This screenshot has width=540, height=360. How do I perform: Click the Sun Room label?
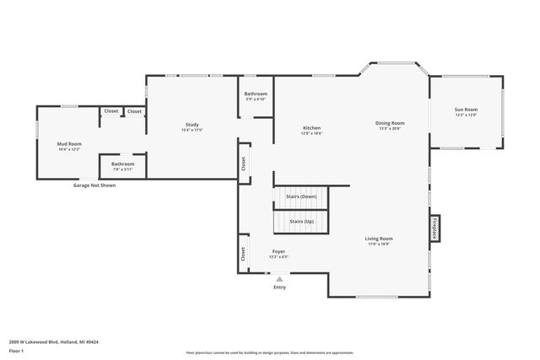tap(466, 109)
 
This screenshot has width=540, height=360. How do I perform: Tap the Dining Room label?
tap(390, 123)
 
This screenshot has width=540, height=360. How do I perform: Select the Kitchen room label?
tap(312, 127)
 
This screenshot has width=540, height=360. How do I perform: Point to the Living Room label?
tap(379, 239)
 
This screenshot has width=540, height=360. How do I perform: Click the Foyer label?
tap(278, 251)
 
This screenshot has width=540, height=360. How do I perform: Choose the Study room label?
tap(192, 125)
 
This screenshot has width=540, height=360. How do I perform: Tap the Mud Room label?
tap(69, 144)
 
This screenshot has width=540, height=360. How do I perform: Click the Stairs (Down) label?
tap(301, 196)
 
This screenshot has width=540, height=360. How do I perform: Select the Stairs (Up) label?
tap(301, 221)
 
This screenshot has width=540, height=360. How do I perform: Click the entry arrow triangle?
tap(279, 278)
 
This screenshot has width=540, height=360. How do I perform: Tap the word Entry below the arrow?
tap(279, 287)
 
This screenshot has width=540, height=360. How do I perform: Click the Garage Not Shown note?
tap(94, 184)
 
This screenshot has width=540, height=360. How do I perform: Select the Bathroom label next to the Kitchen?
tap(256, 94)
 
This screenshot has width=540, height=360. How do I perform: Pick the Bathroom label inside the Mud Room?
tap(122, 164)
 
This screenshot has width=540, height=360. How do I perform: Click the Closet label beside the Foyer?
tap(243, 252)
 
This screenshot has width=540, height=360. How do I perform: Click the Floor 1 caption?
tap(16, 350)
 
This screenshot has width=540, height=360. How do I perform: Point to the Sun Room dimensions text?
tap(466, 115)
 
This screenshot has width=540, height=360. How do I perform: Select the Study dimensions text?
tap(192, 131)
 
